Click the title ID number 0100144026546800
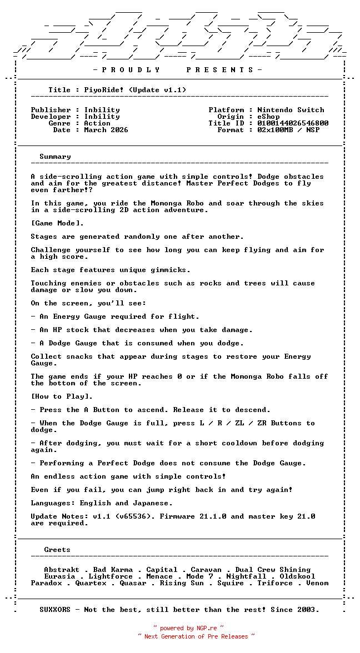(293, 123)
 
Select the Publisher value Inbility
(102, 110)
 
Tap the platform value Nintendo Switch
(291, 110)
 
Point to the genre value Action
(97, 123)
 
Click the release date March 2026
(106, 130)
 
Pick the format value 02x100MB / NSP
(288, 130)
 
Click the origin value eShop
(268, 117)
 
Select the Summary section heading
(55, 157)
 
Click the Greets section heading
(57, 550)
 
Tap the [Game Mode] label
(57, 223)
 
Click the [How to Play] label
(62, 396)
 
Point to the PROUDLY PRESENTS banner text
(177, 70)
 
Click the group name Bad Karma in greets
(113, 570)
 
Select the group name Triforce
(275, 583)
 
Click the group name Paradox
(46, 583)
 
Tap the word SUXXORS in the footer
(55, 610)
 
